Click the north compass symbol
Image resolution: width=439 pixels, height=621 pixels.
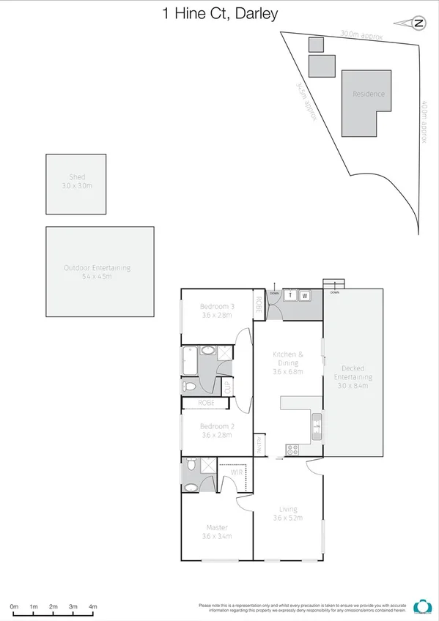click(418, 23)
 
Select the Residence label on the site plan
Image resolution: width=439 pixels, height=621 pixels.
click(368, 94)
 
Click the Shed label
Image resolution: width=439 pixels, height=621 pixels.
click(77, 177)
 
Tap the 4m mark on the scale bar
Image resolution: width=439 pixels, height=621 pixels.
click(93, 606)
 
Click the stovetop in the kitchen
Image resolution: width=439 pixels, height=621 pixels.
click(292, 450)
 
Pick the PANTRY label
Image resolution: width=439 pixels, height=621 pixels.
click(259, 445)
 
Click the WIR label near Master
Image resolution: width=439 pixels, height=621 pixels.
click(237, 472)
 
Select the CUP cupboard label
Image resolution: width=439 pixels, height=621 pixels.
click(226, 386)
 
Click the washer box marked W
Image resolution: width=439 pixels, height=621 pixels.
click(304, 296)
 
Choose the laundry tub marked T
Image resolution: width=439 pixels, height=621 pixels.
click(290, 296)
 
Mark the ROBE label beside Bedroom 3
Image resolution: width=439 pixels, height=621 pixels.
click(259, 305)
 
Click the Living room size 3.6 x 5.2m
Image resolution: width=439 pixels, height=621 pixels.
click(287, 518)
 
